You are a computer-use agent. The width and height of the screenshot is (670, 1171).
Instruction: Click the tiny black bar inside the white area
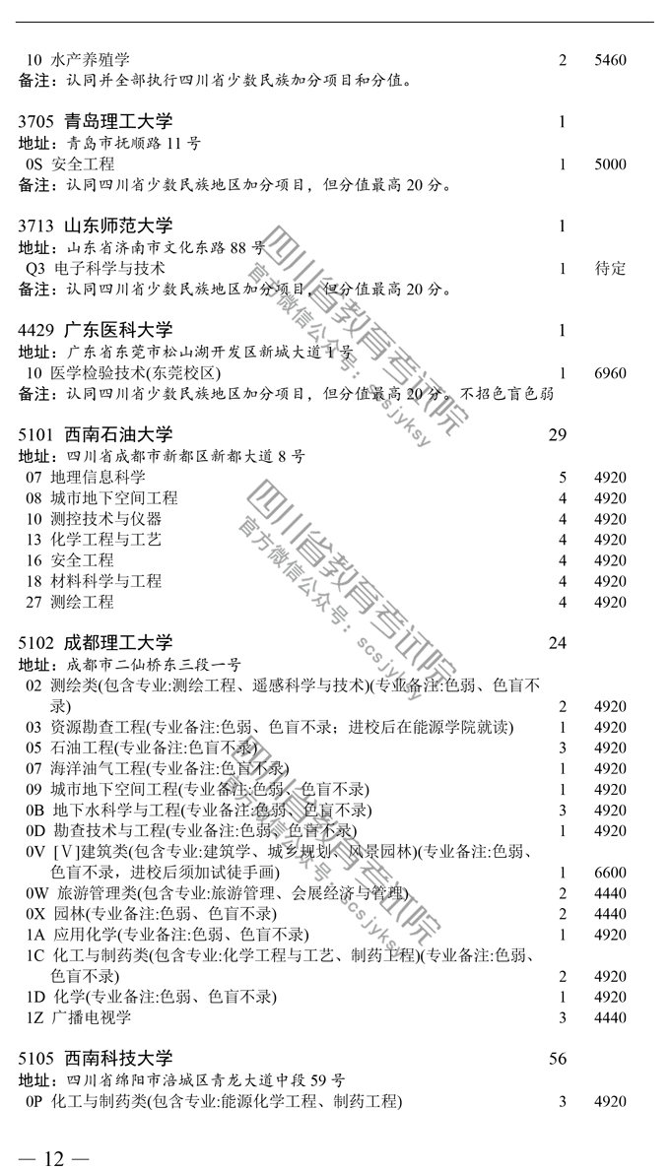[x=427, y=184]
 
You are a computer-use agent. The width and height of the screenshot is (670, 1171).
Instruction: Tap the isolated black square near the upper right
[x=592, y=194]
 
